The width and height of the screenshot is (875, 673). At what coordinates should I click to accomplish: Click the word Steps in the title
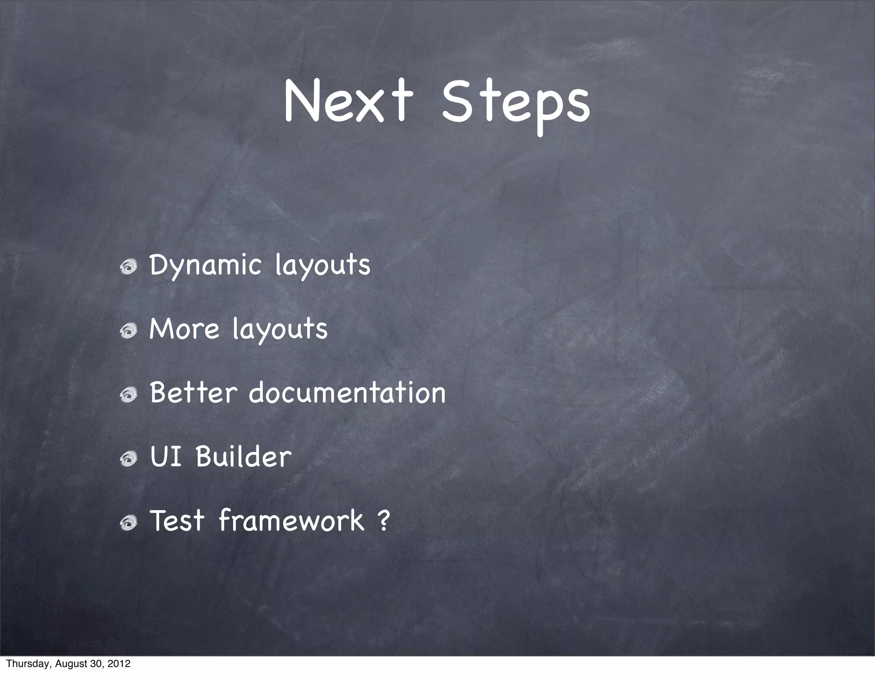[516, 105]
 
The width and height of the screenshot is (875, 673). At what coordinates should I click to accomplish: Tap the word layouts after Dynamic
[323, 266]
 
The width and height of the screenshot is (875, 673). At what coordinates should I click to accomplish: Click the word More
[184, 329]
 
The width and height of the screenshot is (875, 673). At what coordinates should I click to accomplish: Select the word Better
[193, 392]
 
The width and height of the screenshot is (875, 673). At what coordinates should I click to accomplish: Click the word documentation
[347, 392]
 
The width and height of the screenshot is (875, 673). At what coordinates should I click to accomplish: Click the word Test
[177, 521]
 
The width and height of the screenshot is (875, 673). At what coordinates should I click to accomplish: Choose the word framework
[291, 521]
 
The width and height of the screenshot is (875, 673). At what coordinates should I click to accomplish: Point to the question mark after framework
[384, 521]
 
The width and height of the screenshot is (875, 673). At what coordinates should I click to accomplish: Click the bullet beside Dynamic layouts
[128, 267]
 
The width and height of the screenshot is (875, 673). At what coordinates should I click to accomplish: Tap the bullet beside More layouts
[128, 331]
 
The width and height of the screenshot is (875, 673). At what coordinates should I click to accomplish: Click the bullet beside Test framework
[128, 523]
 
